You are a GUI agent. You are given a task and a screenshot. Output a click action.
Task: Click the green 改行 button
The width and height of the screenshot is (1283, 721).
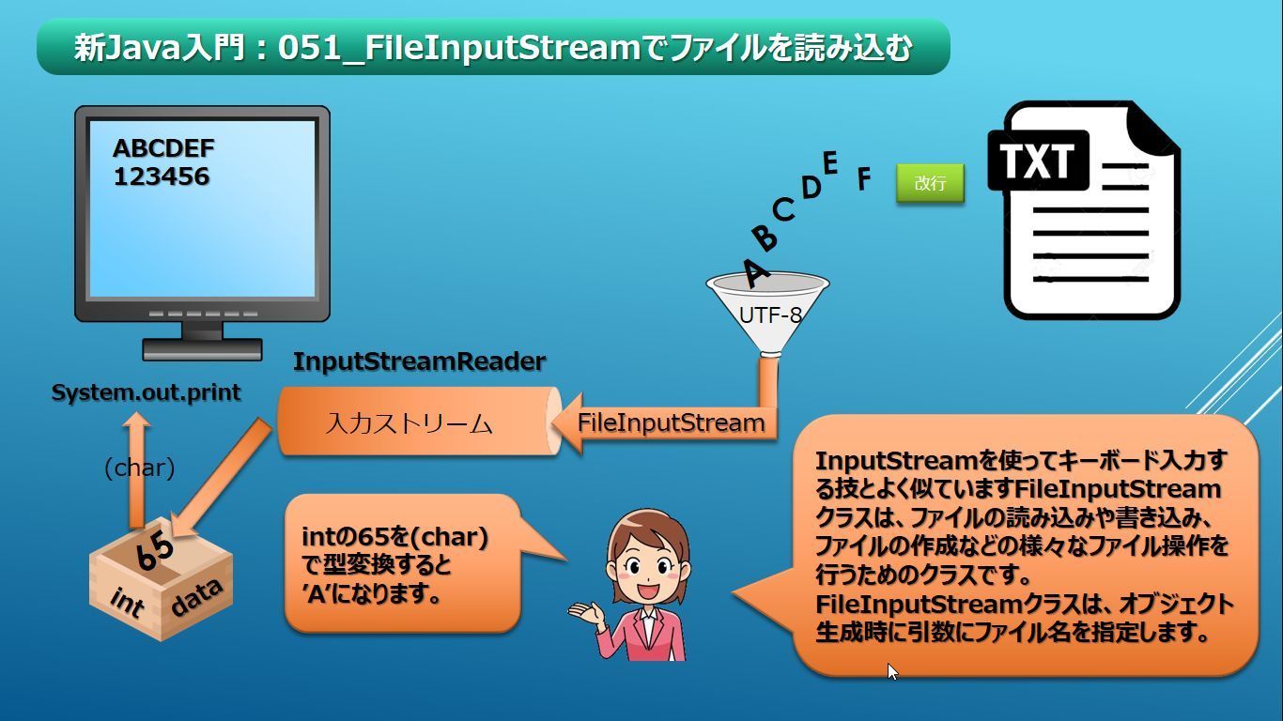pyautogui.click(x=930, y=183)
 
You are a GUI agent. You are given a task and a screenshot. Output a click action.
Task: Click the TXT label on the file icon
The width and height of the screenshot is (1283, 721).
pyautogui.click(x=1037, y=161)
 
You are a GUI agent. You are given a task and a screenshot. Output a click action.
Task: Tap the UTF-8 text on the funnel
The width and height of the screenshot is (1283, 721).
pyautogui.click(x=770, y=315)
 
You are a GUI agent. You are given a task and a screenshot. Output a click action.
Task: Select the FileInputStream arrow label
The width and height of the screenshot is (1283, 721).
pyautogui.click(x=671, y=422)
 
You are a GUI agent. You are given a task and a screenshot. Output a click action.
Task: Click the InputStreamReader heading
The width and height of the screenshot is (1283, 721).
pyautogui.click(x=419, y=361)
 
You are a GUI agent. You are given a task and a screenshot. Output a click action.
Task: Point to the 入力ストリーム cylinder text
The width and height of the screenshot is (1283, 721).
pyautogui.click(x=410, y=423)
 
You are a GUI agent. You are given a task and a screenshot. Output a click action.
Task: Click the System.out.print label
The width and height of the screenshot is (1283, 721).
pyautogui.click(x=146, y=392)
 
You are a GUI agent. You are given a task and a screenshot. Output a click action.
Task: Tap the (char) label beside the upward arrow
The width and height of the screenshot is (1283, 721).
pyautogui.click(x=139, y=468)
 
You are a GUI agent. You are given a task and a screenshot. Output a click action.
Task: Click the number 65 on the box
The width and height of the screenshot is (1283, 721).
pyautogui.click(x=154, y=551)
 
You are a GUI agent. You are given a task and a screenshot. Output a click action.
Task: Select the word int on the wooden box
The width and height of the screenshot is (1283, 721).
pyautogui.click(x=127, y=602)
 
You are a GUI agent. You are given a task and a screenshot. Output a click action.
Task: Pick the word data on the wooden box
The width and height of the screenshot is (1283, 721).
pyautogui.click(x=196, y=598)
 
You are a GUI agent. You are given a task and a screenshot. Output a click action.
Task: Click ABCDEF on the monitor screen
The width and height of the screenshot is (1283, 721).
pyautogui.click(x=163, y=148)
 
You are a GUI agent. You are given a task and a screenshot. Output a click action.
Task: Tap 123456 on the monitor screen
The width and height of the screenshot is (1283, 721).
pyautogui.click(x=162, y=176)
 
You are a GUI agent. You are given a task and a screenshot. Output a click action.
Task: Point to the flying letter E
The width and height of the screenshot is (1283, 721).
pyautogui.click(x=829, y=163)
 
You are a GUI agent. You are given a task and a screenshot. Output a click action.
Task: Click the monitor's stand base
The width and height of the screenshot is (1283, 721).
pyautogui.click(x=202, y=350)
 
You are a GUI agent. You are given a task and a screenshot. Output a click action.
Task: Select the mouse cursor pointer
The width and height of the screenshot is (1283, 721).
pyautogui.click(x=891, y=670)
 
